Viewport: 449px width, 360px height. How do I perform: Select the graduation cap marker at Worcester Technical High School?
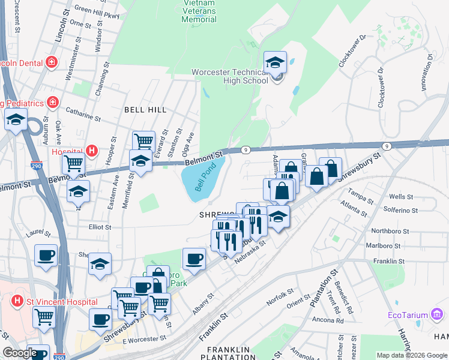[275, 62]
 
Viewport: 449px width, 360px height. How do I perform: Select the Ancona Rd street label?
[328, 320]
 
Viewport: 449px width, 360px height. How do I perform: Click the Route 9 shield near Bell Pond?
[246, 149]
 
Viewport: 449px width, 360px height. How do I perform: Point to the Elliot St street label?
[100, 227]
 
